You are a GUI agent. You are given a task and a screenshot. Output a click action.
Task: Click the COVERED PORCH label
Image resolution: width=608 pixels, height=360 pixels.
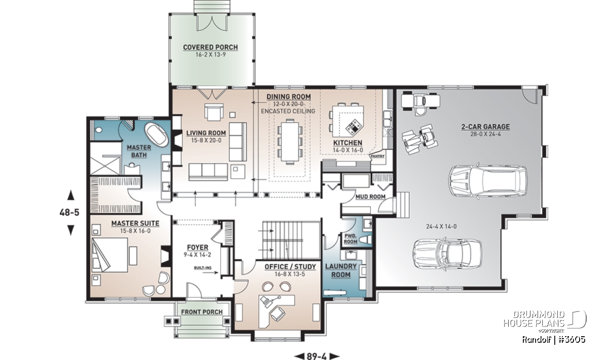coord(210,47)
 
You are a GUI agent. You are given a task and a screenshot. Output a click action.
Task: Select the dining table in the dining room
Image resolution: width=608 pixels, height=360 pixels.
coord(290,142)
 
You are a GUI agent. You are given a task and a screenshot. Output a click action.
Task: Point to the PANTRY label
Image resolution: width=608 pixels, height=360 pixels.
coord(377,156)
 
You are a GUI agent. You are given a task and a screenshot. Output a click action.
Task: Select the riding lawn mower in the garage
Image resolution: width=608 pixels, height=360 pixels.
coord(420,103)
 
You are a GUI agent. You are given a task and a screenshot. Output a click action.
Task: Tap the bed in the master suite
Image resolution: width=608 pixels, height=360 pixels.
coord(109,255)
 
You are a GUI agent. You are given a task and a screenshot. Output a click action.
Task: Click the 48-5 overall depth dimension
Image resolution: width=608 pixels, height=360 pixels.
coord(70,213)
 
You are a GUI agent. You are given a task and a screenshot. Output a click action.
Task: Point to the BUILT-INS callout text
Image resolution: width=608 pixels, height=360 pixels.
coord(203,268)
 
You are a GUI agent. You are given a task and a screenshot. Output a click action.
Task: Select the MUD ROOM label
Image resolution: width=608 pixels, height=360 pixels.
coord(370,196)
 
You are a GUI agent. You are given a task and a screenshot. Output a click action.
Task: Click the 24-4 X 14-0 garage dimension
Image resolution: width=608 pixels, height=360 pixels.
coord(441,226)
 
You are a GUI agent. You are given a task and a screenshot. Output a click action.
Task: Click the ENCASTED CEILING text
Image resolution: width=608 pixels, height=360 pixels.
coord(288,111)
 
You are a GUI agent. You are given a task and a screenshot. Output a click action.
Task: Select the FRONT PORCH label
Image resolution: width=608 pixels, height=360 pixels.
coord(202,312)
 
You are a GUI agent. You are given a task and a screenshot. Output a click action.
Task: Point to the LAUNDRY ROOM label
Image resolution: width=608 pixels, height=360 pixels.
coord(341,270)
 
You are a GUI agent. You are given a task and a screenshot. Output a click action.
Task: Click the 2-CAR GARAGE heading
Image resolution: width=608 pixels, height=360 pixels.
coord(485,127)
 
